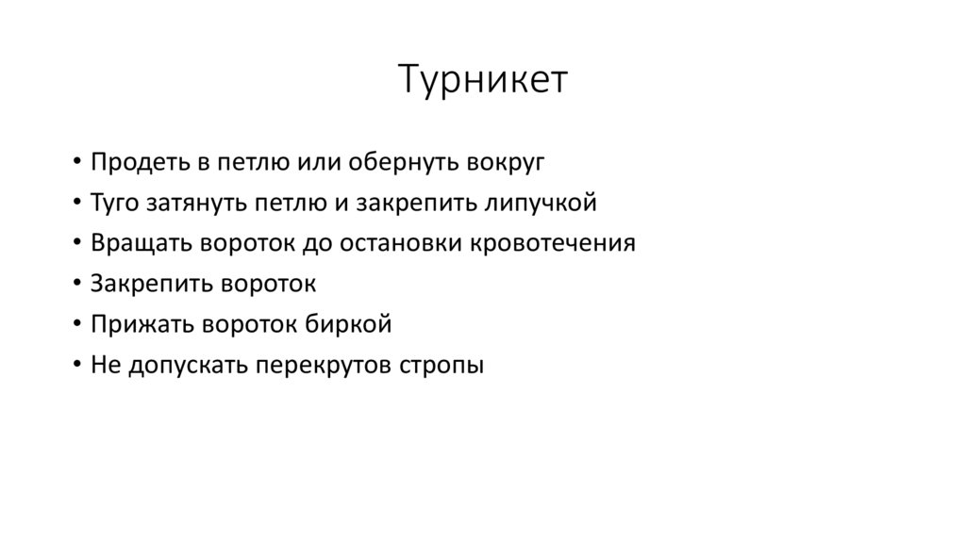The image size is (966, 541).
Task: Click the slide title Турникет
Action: (x=482, y=80)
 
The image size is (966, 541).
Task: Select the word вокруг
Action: (x=505, y=161)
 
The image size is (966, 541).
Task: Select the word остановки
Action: (x=415, y=243)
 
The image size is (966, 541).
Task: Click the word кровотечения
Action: (x=562, y=243)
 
